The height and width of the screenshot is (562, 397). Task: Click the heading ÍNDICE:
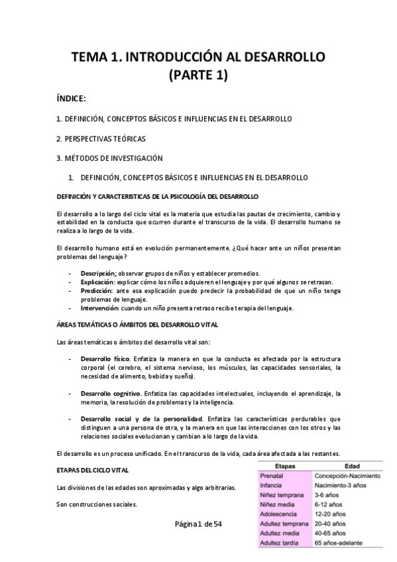click(72, 99)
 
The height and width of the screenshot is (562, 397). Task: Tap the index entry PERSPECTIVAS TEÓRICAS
click(101, 139)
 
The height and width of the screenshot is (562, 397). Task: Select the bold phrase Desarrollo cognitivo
click(110, 394)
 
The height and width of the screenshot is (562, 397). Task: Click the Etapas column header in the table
click(284, 467)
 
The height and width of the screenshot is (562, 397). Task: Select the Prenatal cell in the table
click(272, 476)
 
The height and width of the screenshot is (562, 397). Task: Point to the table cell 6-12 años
click(329, 504)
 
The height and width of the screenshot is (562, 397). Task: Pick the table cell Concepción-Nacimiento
click(347, 476)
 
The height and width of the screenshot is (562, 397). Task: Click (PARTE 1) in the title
click(199, 76)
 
